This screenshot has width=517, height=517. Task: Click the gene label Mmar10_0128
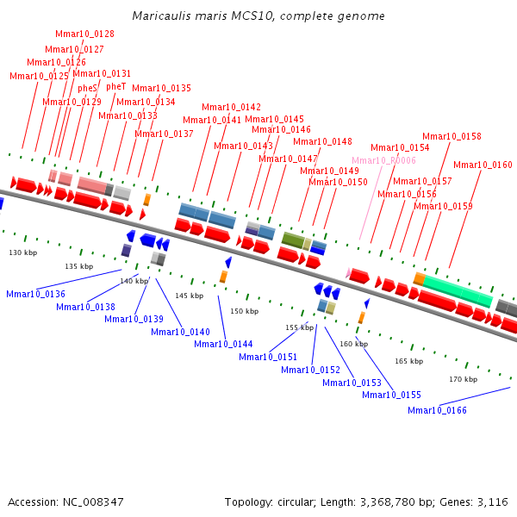tap(85, 34)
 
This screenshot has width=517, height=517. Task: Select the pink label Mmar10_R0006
tap(383, 160)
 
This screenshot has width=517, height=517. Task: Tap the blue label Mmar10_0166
tap(437, 410)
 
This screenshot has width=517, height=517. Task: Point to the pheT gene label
tap(115, 86)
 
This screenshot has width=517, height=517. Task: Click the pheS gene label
tap(87, 88)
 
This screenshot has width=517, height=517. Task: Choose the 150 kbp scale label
tap(244, 311)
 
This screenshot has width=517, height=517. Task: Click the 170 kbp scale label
tap(463, 379)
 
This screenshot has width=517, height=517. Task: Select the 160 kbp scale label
tap(353, 344)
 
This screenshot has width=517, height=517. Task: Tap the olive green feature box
tap(293, 240)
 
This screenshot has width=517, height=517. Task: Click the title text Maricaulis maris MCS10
tap(258, 16)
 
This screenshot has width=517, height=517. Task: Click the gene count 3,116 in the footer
tap(494, 501)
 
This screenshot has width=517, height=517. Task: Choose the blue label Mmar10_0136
tap(35, 295)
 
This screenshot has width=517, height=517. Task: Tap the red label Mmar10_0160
tap(483, 165)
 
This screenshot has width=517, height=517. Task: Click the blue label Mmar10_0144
tap(223, 344)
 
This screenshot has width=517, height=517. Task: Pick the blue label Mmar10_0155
tap(391, 395)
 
